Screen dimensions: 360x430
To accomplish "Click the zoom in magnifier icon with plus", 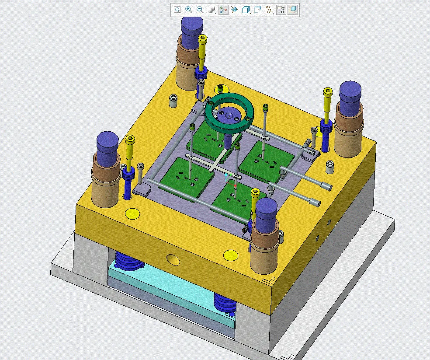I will [189, 10].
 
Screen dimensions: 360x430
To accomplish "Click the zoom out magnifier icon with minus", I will [200, 10].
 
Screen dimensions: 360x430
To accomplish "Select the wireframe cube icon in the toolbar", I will [246, 10].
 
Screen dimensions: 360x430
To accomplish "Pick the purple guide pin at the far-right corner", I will [350, 95].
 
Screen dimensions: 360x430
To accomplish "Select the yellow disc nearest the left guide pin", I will [132, 213].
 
